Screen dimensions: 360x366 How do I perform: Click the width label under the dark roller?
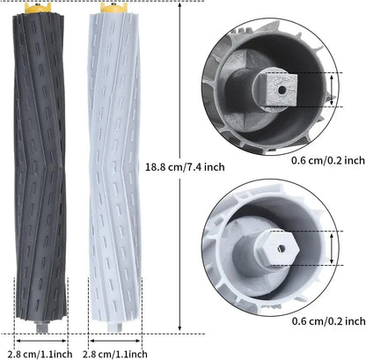coord(41,351)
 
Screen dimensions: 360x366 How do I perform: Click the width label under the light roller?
coord(112,351)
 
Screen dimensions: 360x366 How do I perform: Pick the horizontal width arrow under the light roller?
coord(112,334)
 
